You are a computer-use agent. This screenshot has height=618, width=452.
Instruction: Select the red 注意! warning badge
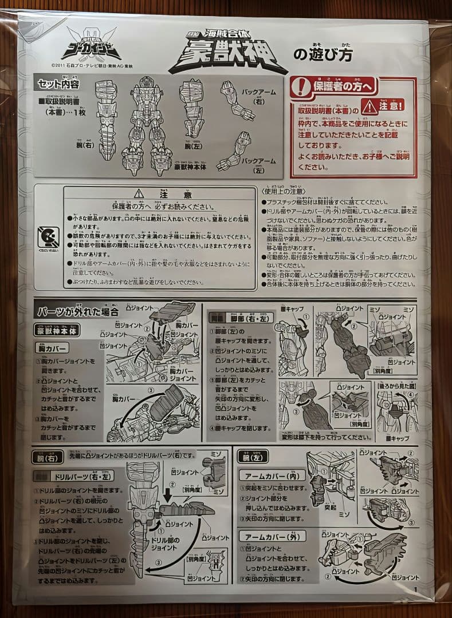coord(383,105)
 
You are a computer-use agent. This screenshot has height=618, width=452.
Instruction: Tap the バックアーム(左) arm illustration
coord(236,152)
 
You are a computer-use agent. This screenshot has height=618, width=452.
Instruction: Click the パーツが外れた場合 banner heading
coord(77,312)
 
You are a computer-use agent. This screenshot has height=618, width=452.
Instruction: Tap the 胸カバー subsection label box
coord(52,348)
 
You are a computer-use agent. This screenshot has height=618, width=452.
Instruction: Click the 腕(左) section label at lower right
coord(253,456)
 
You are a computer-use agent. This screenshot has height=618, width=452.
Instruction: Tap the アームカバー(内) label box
coord(271,476)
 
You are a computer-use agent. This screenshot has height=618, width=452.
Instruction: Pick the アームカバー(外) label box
coord(271,537)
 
